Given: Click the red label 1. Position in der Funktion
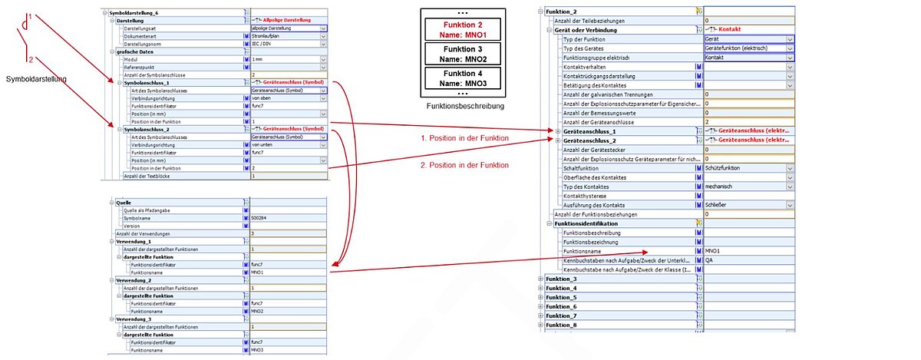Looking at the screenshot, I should coord(464,138).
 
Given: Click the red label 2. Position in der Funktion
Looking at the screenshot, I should coord(464,165).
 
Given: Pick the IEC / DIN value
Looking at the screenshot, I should coord(266,44).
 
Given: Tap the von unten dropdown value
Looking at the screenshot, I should coord(266,144).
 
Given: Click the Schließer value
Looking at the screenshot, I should coord(717,205).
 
